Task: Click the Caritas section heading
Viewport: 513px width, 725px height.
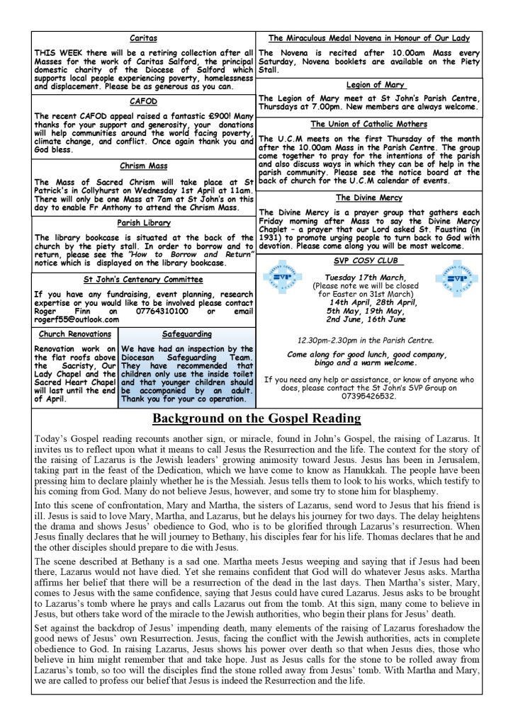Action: [x=144, y=38]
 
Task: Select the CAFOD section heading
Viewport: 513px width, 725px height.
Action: [x=143, y=101]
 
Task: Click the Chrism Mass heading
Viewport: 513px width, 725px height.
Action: [x=143, y=166]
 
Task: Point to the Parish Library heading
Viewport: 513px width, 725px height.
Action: [x=143, y=222]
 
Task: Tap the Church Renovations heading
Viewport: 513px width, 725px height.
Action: [x=75, y=334]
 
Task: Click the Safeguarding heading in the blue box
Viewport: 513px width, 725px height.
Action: [x=187, y=334]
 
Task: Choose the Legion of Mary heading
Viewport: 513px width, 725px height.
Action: [x=373, y=85]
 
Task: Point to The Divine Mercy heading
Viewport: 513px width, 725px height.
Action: [x=373, y=198]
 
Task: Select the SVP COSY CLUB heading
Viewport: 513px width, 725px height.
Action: [x=373, y=261]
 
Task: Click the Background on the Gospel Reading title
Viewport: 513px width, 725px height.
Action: [x=256, y=418]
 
